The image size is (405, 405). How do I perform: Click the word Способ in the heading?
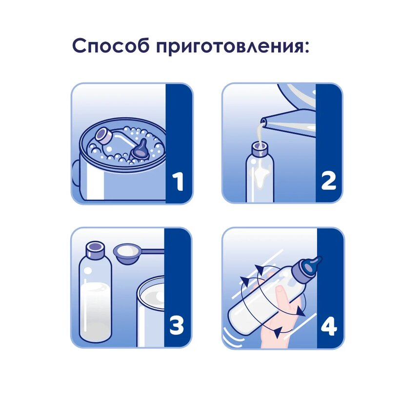tap(111, 45)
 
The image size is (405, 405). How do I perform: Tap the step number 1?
tap(178, 182)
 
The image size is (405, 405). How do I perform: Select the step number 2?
tap(328, 181)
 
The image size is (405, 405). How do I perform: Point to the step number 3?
tap(177, 325)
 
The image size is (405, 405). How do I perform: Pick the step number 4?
tap(329, 326)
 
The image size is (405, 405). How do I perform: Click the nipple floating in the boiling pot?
tap(140, 150)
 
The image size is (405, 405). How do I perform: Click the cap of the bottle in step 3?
tap(96, 249)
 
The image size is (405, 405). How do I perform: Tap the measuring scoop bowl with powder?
tap(126, 254)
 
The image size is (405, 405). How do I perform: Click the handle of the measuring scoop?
tap(151, 251)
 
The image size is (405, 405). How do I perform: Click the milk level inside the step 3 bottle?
tap(95, 285)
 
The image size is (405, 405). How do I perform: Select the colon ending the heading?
tap(306, 46)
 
